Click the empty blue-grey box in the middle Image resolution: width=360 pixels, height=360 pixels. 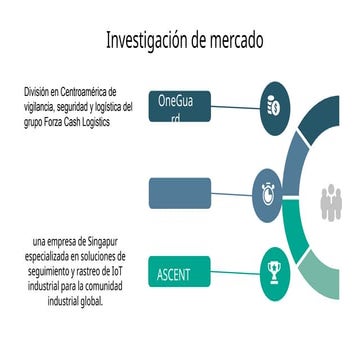(180, 191)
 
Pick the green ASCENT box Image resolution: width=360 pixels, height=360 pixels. (181, 272)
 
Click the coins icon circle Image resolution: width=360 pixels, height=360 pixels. (273, 106)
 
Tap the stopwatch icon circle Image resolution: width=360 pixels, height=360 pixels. (272, 189)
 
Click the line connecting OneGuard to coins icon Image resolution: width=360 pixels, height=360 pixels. (234, 106)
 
